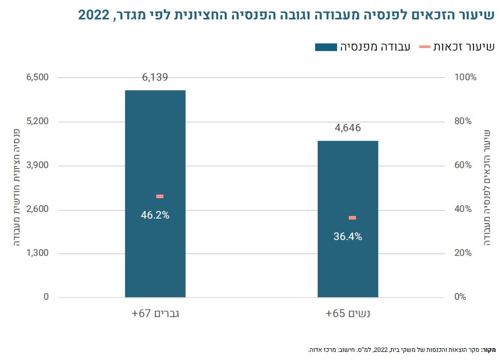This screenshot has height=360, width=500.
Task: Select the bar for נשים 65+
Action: click(x=348, y=266)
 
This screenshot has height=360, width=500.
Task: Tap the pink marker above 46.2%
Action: click(x=160, y=196)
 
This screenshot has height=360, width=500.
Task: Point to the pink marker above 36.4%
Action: click(x=352, y=218)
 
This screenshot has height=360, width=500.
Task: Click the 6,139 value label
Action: click(x=155, y=78)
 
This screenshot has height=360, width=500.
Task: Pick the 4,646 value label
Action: click(x=348, y=128)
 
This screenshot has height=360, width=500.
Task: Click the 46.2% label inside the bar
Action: click(x=155, y=215)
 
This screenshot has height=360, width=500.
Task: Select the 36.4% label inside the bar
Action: click(x=348, y=237)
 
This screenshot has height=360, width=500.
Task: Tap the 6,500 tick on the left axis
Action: click(x=38, y=78)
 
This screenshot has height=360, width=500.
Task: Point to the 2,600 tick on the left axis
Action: click(x=38, y=209)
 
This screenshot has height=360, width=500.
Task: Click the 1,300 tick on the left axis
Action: click(x=38, y=253)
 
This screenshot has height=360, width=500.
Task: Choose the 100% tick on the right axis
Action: click(x=465, y=78)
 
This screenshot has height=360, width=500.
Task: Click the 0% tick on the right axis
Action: click(x=462, y=297)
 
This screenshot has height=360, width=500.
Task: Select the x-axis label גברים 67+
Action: click(x=155, y=314)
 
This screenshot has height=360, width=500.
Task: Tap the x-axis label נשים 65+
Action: click(x=348, y=314)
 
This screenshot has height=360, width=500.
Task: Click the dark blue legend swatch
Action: click(x=326, y=47)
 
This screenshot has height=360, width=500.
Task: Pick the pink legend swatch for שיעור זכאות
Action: click(x=425, y=47)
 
